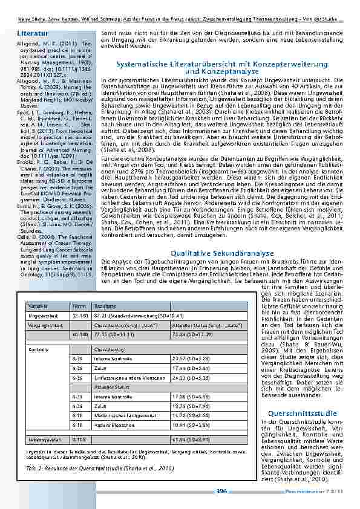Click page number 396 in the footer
pyautogui.click(x=221, y=491)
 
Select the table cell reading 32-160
pyautogui.click(x=79, y=316)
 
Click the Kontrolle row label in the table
pyautogui.click(x=39, y=349)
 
